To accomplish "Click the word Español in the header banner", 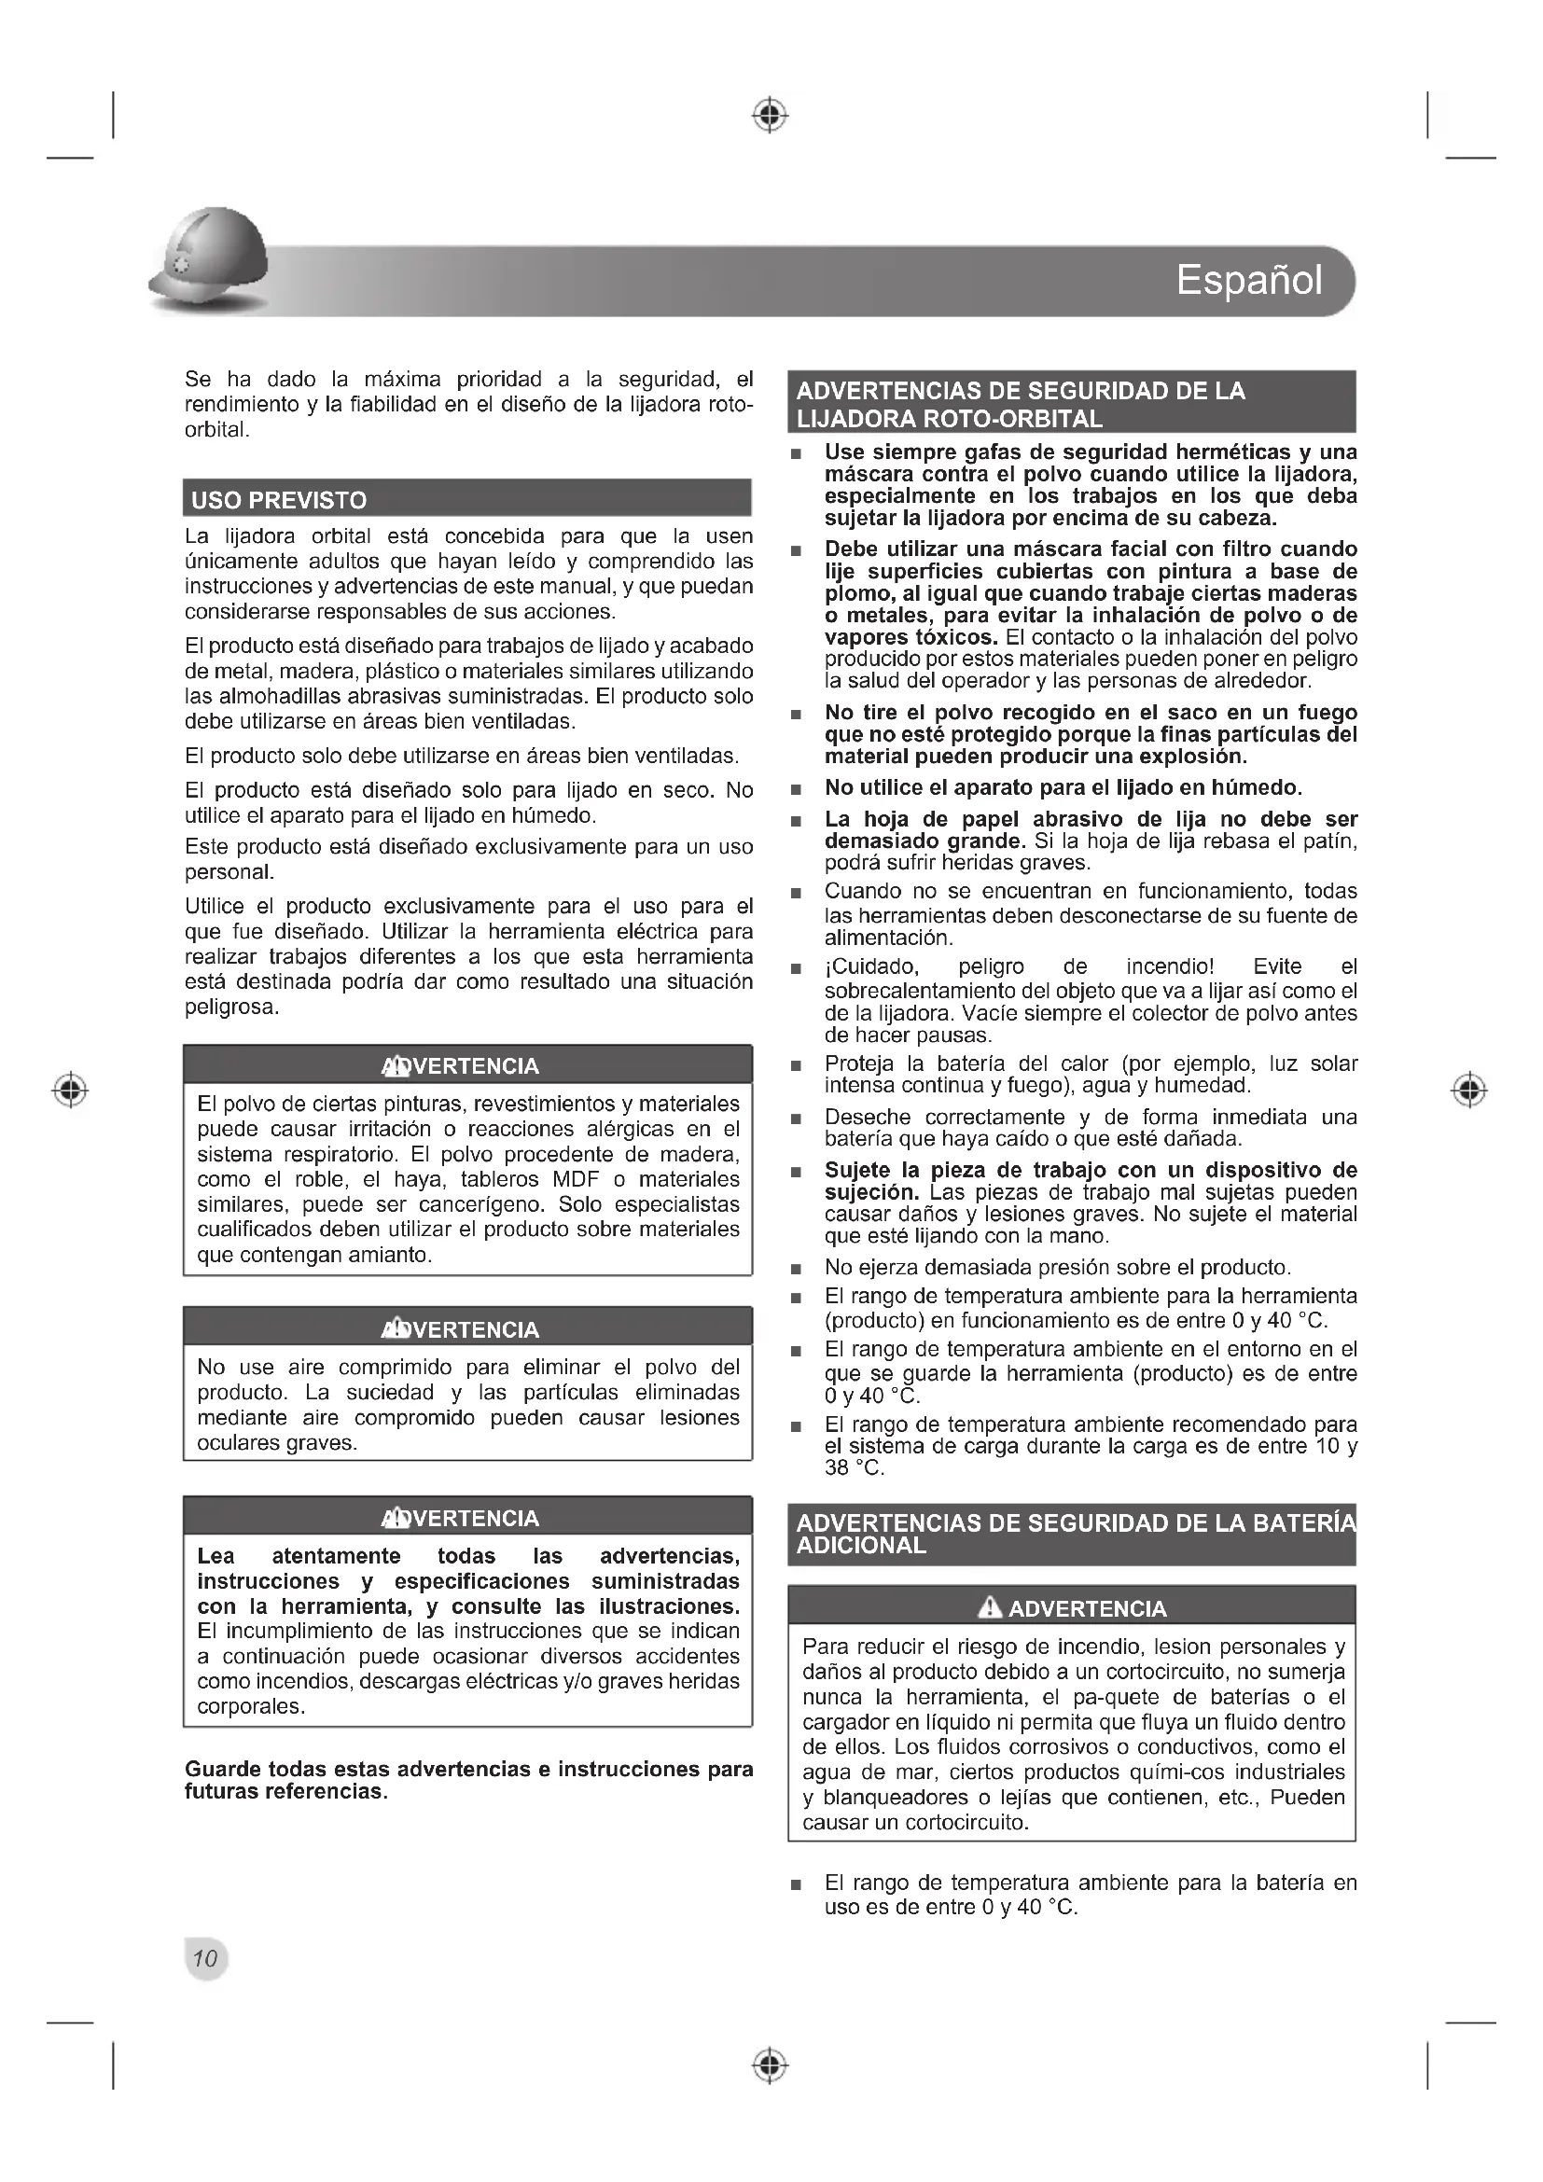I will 1248,281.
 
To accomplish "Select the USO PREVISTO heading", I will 278,500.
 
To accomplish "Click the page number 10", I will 205,1958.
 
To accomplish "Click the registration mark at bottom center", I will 771,2065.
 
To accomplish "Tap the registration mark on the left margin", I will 70,1089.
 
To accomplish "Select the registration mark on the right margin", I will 1469,1089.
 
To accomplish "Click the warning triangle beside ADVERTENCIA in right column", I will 990,1607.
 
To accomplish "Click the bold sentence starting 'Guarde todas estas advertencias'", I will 468,1780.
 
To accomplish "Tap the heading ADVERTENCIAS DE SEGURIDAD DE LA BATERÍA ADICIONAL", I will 1072,1534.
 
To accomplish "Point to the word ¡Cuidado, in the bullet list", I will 871,966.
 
